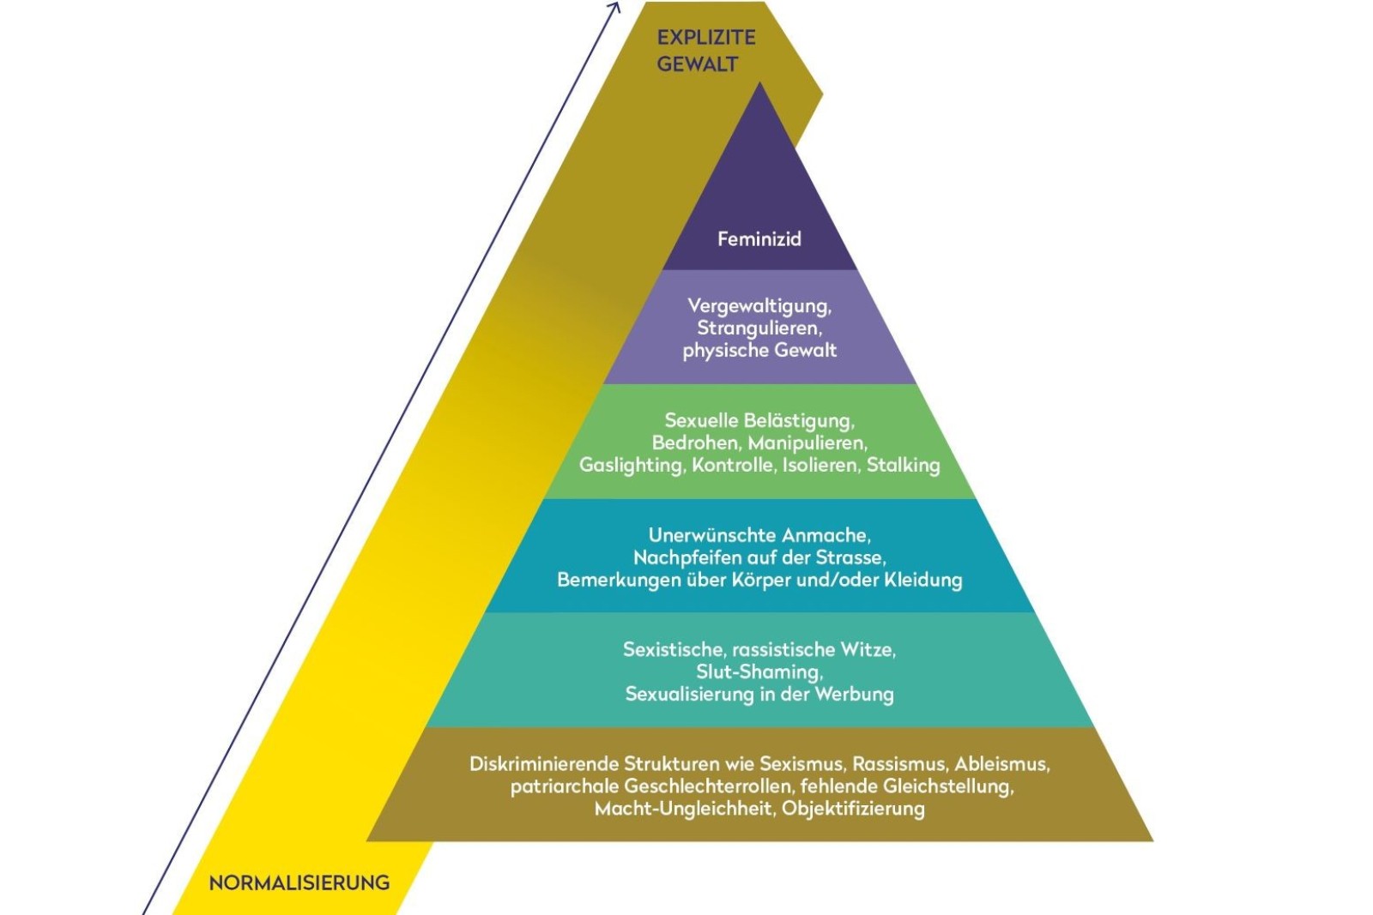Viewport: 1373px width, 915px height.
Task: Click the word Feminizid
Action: pyautogui.click(x=759, y=239)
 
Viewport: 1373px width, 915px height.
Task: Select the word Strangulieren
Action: pyautogui.click(x=759, y=328)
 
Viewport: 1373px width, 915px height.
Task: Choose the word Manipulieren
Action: pyautogui.click(x=807, y=443)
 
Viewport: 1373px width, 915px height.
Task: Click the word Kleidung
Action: pyautogui.click(x=922, y=581)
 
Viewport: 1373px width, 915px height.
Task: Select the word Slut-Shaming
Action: pyautogui.click(x=759, y=672)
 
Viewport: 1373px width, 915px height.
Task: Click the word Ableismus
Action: pyautogui.click(x=1001, y=764)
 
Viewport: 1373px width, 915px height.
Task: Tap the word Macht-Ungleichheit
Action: pyautogui.click(x=683, y=809)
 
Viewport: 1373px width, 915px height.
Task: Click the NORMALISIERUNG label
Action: pyautogui.click(x=299, y=883)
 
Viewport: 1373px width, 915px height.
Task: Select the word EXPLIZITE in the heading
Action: pyautogui.click(x=706, y=38)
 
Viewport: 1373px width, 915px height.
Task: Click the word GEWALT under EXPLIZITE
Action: pyautogui.click(x=697, y=64)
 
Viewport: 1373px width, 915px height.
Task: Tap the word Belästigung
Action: pyautogui.click(x=798, y=421)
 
